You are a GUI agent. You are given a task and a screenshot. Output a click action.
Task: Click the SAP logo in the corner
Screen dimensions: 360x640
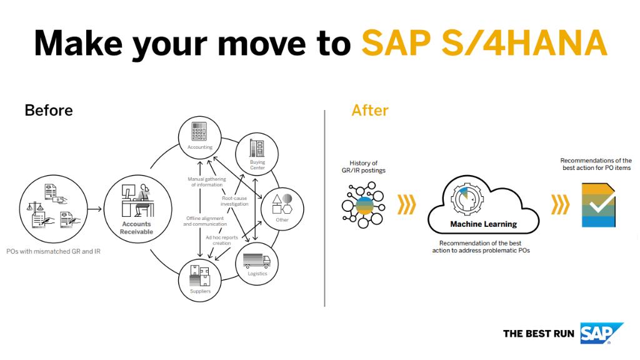pyautogui.click(x=601, y=333)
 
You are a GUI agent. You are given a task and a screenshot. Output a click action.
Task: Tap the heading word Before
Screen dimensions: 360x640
pyautogui.click(x=49, y=111)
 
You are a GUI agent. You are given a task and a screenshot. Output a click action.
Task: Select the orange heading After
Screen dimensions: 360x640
pyautogui.click(x=370, y=111)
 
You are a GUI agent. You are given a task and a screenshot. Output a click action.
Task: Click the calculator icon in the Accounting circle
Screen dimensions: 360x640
pyautogui.click(x=200, y=132)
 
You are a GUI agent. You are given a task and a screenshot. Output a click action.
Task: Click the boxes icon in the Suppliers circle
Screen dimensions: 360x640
pyautogui.click(x=200, y=276)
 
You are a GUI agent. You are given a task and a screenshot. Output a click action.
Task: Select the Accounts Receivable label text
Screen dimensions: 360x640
pyautogui.click(x=136, y=228)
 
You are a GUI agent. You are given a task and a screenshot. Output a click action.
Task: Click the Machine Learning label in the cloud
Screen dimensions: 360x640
pyautogui.click(x=484, y=224)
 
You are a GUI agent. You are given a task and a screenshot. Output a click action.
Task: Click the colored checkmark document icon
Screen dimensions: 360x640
pyautogui.click(x=598, y=204)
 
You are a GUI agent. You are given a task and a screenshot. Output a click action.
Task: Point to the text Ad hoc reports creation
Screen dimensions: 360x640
pyautogui.click(x=221, y=241)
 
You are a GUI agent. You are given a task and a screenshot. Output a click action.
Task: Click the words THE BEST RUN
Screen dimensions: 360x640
pyautogui.click(x=539, y=334)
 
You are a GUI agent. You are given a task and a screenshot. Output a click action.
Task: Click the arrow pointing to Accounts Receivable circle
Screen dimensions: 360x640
pyautogui.click(x=92, y=206)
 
